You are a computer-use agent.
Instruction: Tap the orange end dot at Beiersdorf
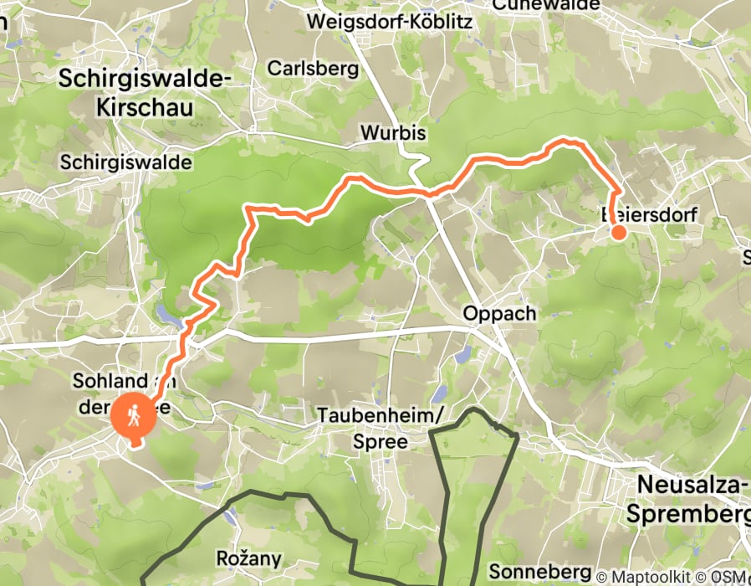click(618, 233)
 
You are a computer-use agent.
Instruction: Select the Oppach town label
click(499, 313)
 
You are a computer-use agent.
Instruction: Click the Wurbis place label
click(393, 133)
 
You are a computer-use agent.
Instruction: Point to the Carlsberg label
click(313, 69)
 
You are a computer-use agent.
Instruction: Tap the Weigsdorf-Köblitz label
click(390, 21)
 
